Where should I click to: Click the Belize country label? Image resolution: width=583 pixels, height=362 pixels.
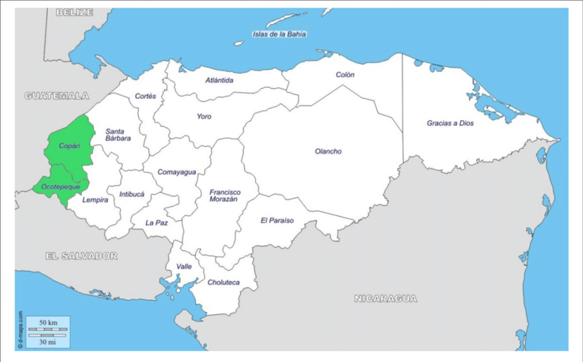(x=75, y=12)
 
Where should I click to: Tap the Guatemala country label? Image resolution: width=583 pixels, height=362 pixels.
(x=57, y=96)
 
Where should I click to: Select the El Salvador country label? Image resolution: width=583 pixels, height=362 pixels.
(x=81, y=256)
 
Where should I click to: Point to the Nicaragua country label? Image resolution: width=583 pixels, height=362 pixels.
(x=385, y=298)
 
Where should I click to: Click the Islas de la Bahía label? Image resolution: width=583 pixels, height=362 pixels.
(x=279, y=34)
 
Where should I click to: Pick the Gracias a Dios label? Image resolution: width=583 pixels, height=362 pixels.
(x=450, y=123)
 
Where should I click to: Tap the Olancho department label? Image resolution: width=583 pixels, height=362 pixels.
(x=328, y=152)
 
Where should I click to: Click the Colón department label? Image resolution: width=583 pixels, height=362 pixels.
(x=345, y=75)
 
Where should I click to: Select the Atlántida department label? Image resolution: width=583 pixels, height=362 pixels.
(x=219, y=80)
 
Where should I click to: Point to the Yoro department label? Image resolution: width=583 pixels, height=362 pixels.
(x=204, y=117)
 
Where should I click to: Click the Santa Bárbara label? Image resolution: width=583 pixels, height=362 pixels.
(x=118, y=134)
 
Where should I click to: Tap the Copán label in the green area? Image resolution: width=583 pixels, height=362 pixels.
(x=69, y=146)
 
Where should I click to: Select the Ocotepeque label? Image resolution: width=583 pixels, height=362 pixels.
(x=61, y=186)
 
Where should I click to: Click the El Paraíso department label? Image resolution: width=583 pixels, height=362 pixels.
(x=277, y=221)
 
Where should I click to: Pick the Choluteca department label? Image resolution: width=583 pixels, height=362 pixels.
(x=224, y=282)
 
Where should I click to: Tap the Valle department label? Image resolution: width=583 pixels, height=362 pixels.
(x=184, y=266)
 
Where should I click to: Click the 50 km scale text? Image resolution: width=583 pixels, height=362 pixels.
(x=47, y=322)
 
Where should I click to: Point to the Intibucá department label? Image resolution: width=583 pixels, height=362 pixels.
(x=132, y=194)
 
